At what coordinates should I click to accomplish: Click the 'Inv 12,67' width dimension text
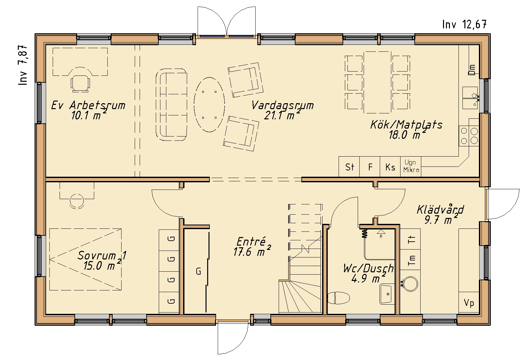coord(464,24)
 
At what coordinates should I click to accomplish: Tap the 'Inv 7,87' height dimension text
coord(23,65)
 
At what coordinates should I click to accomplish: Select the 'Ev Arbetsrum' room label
coord(88,105)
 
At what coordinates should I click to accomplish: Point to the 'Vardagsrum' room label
coord(283,105)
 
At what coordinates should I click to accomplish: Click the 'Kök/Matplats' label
coord(406,125)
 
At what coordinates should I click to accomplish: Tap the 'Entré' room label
coord(251,242)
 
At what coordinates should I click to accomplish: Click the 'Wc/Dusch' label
coord(368,268)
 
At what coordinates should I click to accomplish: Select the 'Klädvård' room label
coord(440,210)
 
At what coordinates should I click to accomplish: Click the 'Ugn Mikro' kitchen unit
coord(411,166)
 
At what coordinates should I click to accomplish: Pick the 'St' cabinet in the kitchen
coord(349,166)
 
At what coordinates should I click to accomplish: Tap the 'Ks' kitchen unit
coord(390,166)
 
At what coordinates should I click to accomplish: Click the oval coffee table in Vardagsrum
coord(209,105)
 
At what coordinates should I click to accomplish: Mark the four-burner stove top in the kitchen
coord(469,136)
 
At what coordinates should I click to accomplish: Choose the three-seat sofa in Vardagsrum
coord(171,105)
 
